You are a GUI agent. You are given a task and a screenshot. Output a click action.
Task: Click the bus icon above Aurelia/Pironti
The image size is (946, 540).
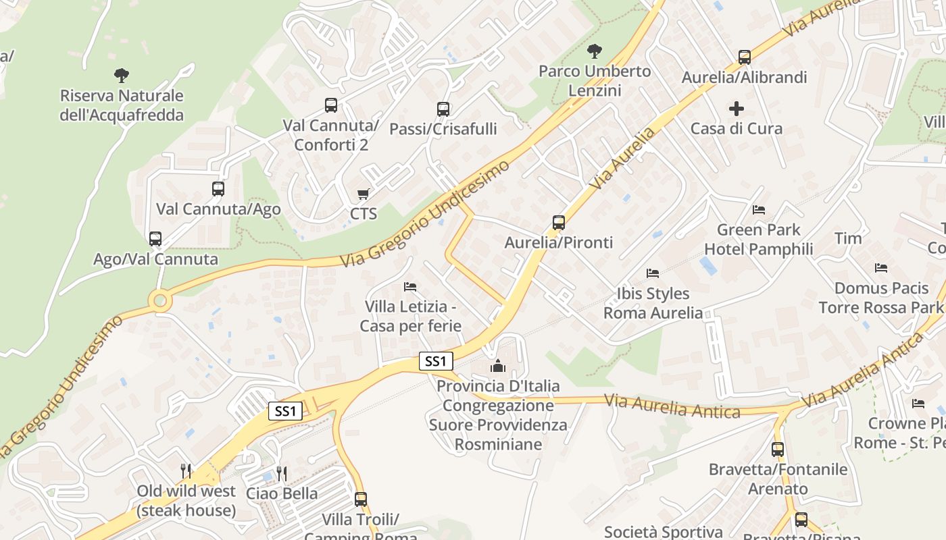click(558, 222)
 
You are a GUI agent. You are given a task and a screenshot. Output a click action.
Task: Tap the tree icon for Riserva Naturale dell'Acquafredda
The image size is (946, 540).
click(122, 75)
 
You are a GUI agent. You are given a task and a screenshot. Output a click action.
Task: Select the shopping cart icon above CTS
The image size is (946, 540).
click(363, 194)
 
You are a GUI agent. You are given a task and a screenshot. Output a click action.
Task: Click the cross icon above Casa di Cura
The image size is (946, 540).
click(737, 108)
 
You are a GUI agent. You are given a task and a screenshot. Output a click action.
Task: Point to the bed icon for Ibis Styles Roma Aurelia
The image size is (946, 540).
click(652, 273)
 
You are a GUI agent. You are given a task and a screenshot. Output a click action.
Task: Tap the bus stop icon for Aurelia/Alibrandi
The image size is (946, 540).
click(744, 57)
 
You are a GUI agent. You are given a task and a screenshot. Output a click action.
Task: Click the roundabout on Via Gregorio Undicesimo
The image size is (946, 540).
click(160, 300)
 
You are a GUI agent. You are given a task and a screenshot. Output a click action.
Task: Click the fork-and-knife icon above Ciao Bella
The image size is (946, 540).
click(282, 473)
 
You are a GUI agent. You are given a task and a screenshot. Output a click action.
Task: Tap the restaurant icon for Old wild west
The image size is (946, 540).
click(186, 470)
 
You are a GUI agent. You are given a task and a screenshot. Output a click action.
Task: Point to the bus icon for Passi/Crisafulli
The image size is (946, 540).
click(443, 109)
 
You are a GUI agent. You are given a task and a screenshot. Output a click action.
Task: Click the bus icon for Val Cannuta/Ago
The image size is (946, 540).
click(218, 189)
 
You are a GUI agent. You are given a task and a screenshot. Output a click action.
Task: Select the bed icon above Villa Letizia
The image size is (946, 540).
click(410, 287)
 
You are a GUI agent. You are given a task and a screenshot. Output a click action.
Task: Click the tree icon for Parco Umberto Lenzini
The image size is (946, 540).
click(595, 51)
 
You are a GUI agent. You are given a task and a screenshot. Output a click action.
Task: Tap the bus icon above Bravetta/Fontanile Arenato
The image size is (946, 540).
click(777, 449)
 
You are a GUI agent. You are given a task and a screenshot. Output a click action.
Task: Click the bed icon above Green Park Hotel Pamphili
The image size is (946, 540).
click(758, 210)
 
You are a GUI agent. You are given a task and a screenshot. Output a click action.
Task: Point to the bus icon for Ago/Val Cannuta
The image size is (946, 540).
click(155, 238)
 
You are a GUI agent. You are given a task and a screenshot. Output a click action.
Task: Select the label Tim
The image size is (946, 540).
click(848, 238)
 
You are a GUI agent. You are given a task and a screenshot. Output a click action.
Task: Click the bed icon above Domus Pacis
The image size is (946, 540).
click(880, 268)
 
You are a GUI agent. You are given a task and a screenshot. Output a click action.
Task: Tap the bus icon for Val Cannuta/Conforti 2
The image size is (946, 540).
click(330, 105)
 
